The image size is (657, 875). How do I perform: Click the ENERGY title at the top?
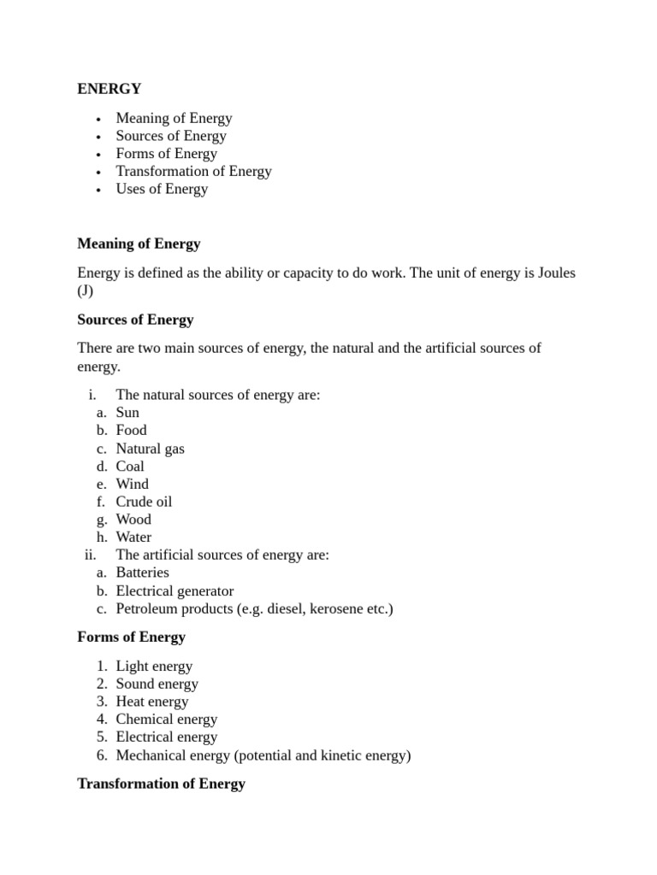click(x=109, y=88)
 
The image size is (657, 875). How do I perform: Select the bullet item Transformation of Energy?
click(x=193, y=171)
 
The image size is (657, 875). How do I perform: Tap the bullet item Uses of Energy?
click(x=162, y=189)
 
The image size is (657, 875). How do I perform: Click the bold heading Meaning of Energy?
click(x=139, y=244)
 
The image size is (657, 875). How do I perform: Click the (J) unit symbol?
click(x=86, y=291)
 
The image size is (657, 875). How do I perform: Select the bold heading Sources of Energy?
click(x=135, y=320)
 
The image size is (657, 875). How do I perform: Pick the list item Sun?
click(x=127, y=413)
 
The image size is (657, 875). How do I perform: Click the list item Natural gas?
click(x=150, y=449)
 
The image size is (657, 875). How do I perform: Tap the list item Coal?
click(x=130, y=467)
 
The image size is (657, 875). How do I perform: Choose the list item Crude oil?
click(x=144, y=502)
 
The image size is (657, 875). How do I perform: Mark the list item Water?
click(x=133, y=537)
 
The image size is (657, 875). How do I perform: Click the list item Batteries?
click(x=142, y=573)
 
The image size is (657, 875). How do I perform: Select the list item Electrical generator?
click(x=175, y=590)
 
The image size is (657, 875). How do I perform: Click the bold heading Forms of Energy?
click(x=131, y=637)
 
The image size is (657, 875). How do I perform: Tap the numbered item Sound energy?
click(x=157, y=684)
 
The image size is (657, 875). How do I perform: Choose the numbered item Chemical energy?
click(x=167, y=719)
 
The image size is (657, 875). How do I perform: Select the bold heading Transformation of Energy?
click(x=161, y=784)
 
